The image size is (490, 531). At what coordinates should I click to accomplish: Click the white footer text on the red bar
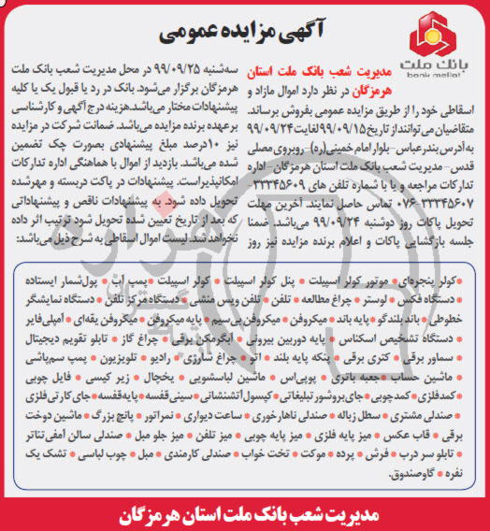point(245,513)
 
